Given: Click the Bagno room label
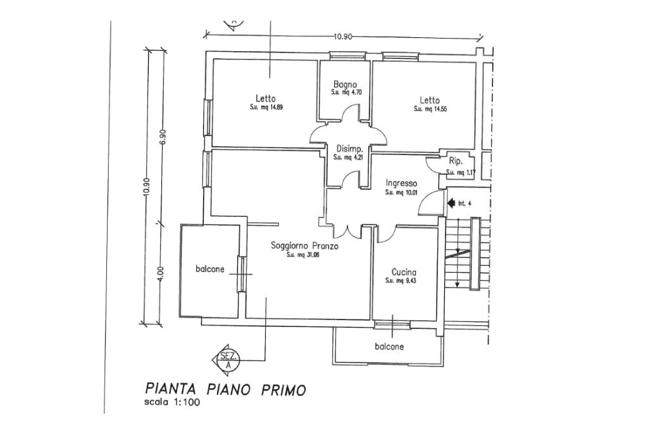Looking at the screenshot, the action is click(346, 85).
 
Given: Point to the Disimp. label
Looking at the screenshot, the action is click(349, 149).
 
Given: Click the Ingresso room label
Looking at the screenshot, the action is click(401, 183).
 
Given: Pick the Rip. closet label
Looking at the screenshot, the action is click(456, 161).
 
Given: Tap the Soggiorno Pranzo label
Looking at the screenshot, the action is click(304, 246).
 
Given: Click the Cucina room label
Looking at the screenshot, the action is click(404, 272).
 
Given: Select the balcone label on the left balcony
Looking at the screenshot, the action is click(210, 269).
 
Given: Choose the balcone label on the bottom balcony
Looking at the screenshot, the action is click(389, 347).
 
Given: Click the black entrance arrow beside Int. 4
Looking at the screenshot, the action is click(451, 203).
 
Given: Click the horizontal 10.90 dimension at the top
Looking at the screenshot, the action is click(343, 37).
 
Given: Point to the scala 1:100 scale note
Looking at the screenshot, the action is click(172, 402).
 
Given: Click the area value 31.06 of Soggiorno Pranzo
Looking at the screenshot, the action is click(303, 256).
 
